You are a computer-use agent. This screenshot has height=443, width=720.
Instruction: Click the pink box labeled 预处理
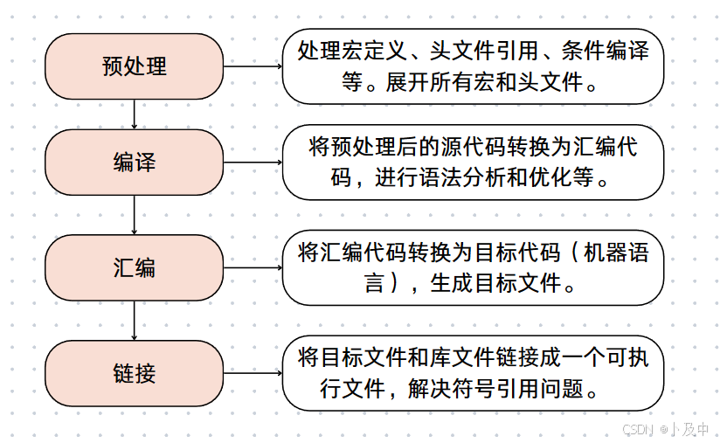pos(134,66)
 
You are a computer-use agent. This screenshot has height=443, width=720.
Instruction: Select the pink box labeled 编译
pos(134,163)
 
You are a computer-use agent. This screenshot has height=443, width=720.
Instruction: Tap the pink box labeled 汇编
pos(134,268)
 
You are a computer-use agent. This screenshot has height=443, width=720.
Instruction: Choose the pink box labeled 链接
pos(134,373)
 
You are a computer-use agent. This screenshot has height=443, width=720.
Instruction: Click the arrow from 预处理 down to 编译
pos(134,114)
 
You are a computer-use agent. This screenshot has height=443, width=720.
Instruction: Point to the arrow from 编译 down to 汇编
pos(134,215)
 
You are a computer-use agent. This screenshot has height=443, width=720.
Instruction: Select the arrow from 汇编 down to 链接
pos(134,321)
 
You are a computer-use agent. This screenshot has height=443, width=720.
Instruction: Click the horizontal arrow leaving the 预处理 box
pos(253,66)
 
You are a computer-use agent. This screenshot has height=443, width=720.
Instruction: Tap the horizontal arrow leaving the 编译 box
pos(253,163)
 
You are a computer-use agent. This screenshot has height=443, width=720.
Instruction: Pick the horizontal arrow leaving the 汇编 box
pos(253,268)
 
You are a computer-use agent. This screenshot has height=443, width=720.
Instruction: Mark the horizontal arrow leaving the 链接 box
pos(253,373)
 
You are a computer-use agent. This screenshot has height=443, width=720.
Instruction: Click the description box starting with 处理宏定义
pos(472,66)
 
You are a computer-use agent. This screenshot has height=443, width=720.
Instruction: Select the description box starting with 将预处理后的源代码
pos(472,163)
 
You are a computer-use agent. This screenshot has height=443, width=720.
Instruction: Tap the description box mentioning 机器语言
pos(472,268)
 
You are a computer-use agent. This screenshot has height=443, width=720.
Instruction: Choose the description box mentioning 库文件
pos(472,373)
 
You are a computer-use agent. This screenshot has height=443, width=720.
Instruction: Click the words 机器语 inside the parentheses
pos(616,253)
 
